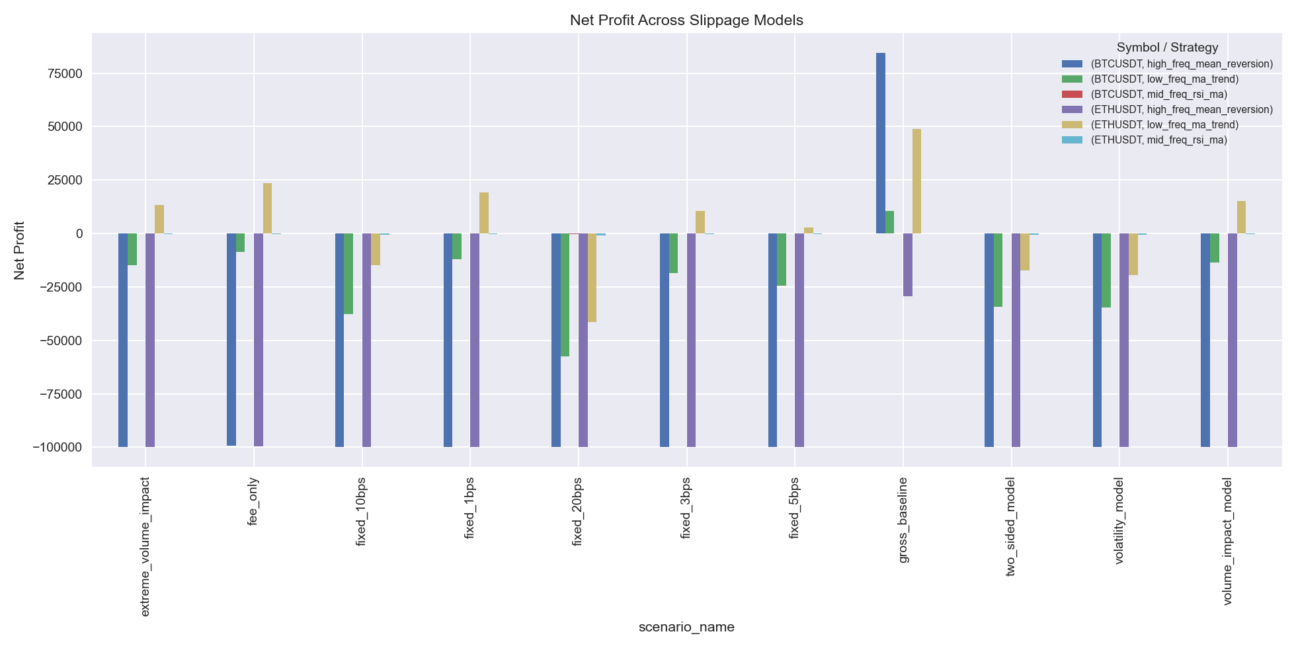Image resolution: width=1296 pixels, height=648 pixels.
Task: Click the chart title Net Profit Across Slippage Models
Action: point(686,20)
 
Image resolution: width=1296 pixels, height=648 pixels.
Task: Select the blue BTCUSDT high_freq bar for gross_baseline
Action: point(881,143)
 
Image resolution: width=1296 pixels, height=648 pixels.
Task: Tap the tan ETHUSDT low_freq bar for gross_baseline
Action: point(916,181)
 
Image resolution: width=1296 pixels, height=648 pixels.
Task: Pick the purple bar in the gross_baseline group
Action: point(908,264)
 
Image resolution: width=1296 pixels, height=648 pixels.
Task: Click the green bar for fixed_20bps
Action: point(565,295)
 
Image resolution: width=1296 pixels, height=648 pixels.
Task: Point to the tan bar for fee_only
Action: point(267,208)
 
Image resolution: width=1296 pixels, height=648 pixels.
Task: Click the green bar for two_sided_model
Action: point(998,270)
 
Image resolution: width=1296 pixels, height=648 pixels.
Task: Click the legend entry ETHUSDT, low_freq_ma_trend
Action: point(1164,125)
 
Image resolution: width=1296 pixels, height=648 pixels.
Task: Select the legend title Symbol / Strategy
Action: point(1167,48)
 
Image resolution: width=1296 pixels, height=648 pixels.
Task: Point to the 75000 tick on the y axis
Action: point(61,73)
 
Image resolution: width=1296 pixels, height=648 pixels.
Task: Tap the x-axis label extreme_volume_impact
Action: point(145,546)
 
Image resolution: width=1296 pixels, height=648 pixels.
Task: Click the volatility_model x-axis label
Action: point(1119,522)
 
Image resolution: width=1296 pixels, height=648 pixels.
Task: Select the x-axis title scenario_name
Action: point(686,627)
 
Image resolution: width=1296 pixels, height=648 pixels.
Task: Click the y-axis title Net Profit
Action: point(20,250)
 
